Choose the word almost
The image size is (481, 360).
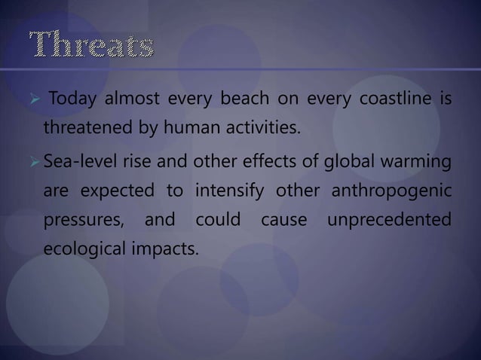(x=138, y=102)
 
